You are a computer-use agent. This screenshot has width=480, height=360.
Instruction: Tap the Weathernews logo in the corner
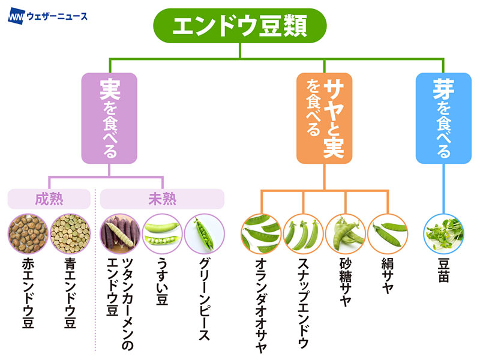tap(47, 16)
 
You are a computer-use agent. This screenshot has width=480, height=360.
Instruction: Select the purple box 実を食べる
tap(109, 118)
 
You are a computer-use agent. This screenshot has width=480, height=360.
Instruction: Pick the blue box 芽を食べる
tap(443, 118)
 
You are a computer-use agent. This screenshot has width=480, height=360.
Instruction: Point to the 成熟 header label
tap(49, 199)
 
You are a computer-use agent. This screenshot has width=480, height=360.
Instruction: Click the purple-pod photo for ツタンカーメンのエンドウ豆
tap(119, 233)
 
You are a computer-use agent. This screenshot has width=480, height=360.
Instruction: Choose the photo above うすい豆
tap(162, 233)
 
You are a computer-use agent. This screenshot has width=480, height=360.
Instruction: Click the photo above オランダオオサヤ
tap(261, 233)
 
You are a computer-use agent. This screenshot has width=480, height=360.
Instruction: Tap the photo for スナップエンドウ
tap(304, 233)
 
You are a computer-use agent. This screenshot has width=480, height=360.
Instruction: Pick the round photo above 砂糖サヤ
tap(346, 233)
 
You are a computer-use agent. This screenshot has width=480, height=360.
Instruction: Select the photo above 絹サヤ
tap(388, 233)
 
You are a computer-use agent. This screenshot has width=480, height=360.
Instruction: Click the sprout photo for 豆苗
tap(443, 233)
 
